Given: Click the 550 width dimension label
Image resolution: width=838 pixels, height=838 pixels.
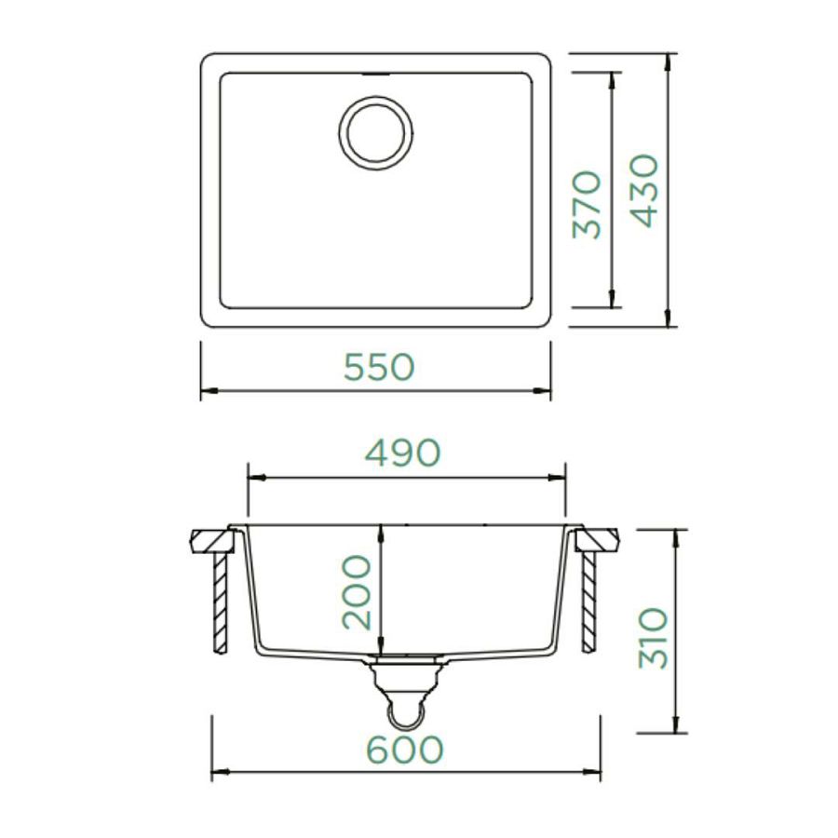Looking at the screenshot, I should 378,367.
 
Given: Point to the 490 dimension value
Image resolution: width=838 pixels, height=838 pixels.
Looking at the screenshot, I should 402,453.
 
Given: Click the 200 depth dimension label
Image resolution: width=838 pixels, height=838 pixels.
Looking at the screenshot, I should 357,592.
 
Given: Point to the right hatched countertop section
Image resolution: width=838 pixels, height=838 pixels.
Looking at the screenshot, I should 598,541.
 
